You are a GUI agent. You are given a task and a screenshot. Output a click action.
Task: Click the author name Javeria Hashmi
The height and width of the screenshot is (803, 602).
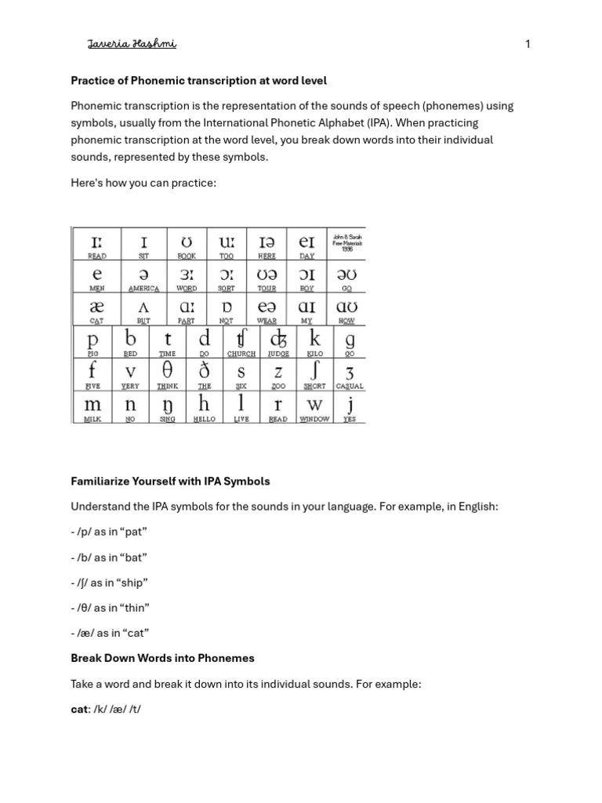coord(132,44)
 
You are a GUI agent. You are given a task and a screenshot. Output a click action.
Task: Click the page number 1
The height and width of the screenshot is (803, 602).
coord(528,45)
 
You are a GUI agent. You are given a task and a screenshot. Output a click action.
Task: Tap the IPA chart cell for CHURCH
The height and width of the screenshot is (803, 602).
coord(241,342)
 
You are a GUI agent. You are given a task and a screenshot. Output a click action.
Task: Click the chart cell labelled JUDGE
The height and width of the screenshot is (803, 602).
coord(278,342)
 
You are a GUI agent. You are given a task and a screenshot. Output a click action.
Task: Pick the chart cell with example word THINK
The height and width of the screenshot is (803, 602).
coord(167,374)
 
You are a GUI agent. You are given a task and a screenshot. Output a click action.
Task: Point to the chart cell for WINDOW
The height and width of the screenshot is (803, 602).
coord(315,407)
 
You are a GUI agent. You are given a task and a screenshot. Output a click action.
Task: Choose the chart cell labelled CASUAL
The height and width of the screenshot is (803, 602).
coord(350,374)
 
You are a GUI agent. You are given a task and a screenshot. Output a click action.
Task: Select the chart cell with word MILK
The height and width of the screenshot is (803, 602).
coord(92,407)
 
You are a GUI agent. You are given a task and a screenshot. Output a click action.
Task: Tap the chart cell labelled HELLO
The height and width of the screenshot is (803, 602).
coord(204,407)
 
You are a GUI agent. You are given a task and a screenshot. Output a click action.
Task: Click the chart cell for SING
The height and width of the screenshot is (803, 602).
coord(167,407)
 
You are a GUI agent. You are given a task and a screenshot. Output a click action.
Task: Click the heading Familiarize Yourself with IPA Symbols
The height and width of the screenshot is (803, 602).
coord(171,481)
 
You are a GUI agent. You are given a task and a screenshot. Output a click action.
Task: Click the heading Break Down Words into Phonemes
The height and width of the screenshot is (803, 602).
coord(163,658)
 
